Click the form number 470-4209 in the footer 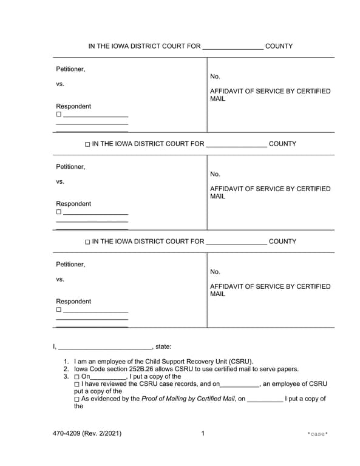pyautogui.click(x=67, y=433)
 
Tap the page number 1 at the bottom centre pyautogui.click(x=203, y=433)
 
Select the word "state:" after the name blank pyautogui.click(x=163, y=346)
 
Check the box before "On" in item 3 pyautogui.click(x=76, y=377)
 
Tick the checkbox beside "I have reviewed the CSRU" pyautogui.click(x=76, y=384)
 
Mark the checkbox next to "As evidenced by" pyautogui.click(x=76, y=399)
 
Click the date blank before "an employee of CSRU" pyautogui.click(x=240, y=385)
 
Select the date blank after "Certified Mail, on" pyautogui.click(x=265, y=400)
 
